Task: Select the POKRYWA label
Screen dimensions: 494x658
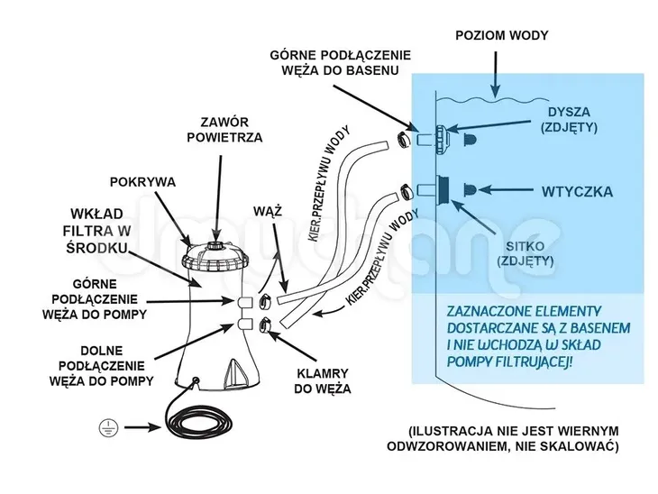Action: (144, 180)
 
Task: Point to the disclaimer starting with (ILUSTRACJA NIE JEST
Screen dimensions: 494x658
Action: (513, 437)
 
